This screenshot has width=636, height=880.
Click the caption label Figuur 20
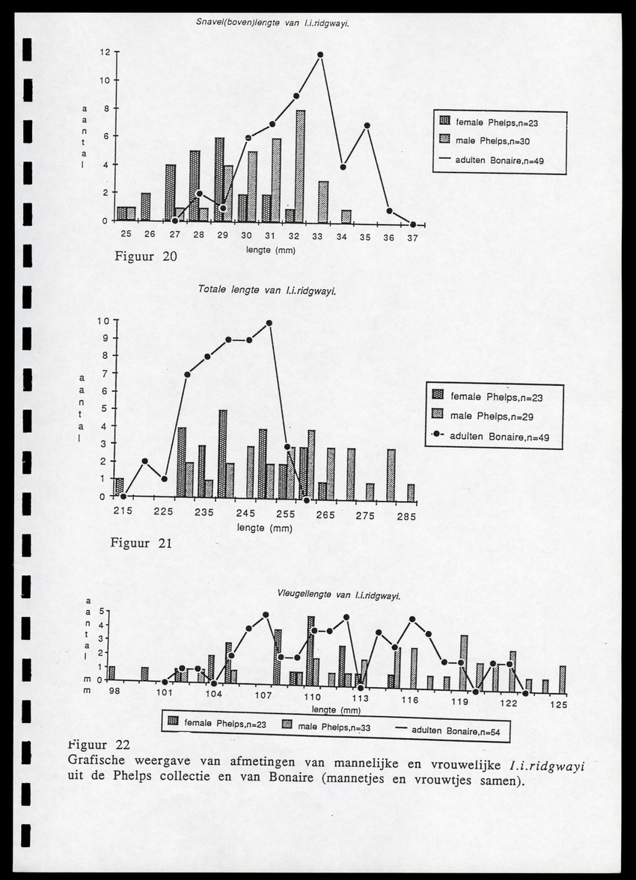146,257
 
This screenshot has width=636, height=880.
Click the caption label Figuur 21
141,543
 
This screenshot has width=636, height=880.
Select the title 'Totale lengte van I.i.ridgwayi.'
267,290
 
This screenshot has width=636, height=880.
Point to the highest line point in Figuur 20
320,55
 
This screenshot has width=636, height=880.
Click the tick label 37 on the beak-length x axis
413,237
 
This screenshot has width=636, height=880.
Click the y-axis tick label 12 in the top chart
106,52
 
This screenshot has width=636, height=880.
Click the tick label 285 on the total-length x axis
406,515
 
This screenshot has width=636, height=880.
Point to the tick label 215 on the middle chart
123,511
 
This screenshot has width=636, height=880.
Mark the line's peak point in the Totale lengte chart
269,323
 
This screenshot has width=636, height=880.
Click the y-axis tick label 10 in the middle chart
103,321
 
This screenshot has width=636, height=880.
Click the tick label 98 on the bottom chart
114,692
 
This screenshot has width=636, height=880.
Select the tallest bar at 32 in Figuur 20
300,166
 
